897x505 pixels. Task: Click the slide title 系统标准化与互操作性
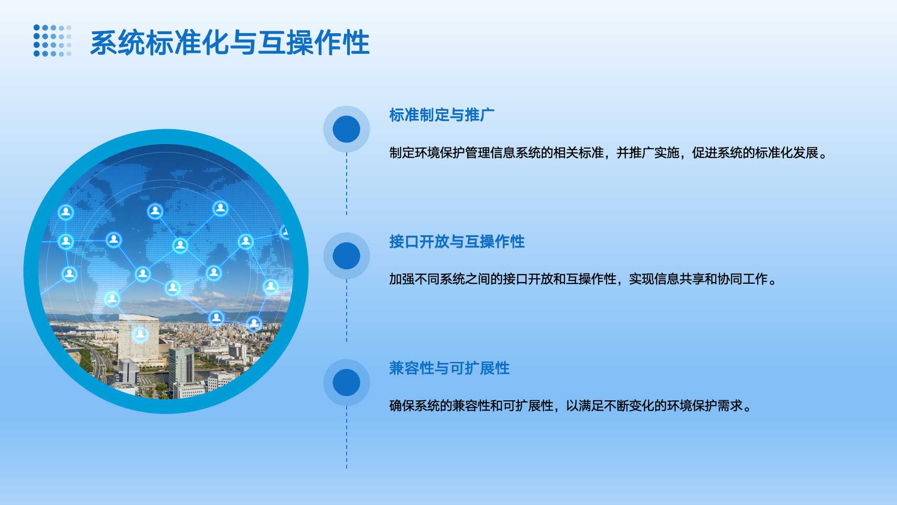[230, 43]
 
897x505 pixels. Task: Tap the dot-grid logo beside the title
[52, 41]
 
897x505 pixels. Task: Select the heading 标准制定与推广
[441, 115]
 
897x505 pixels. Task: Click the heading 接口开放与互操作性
[457, 242]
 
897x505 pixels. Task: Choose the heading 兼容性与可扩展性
[449, 368]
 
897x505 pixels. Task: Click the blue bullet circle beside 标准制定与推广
[347, 129]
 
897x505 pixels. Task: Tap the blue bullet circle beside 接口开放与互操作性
[347, 256]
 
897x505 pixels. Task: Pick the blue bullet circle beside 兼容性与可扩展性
[347, 382]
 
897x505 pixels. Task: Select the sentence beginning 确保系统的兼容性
[570, 406]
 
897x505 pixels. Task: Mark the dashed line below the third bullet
[347, 437]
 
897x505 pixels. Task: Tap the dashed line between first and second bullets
[347, 184]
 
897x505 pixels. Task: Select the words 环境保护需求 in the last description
[705, 406]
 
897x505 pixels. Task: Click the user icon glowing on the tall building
[140, 334]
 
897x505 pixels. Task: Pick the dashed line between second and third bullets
[347, 310]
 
